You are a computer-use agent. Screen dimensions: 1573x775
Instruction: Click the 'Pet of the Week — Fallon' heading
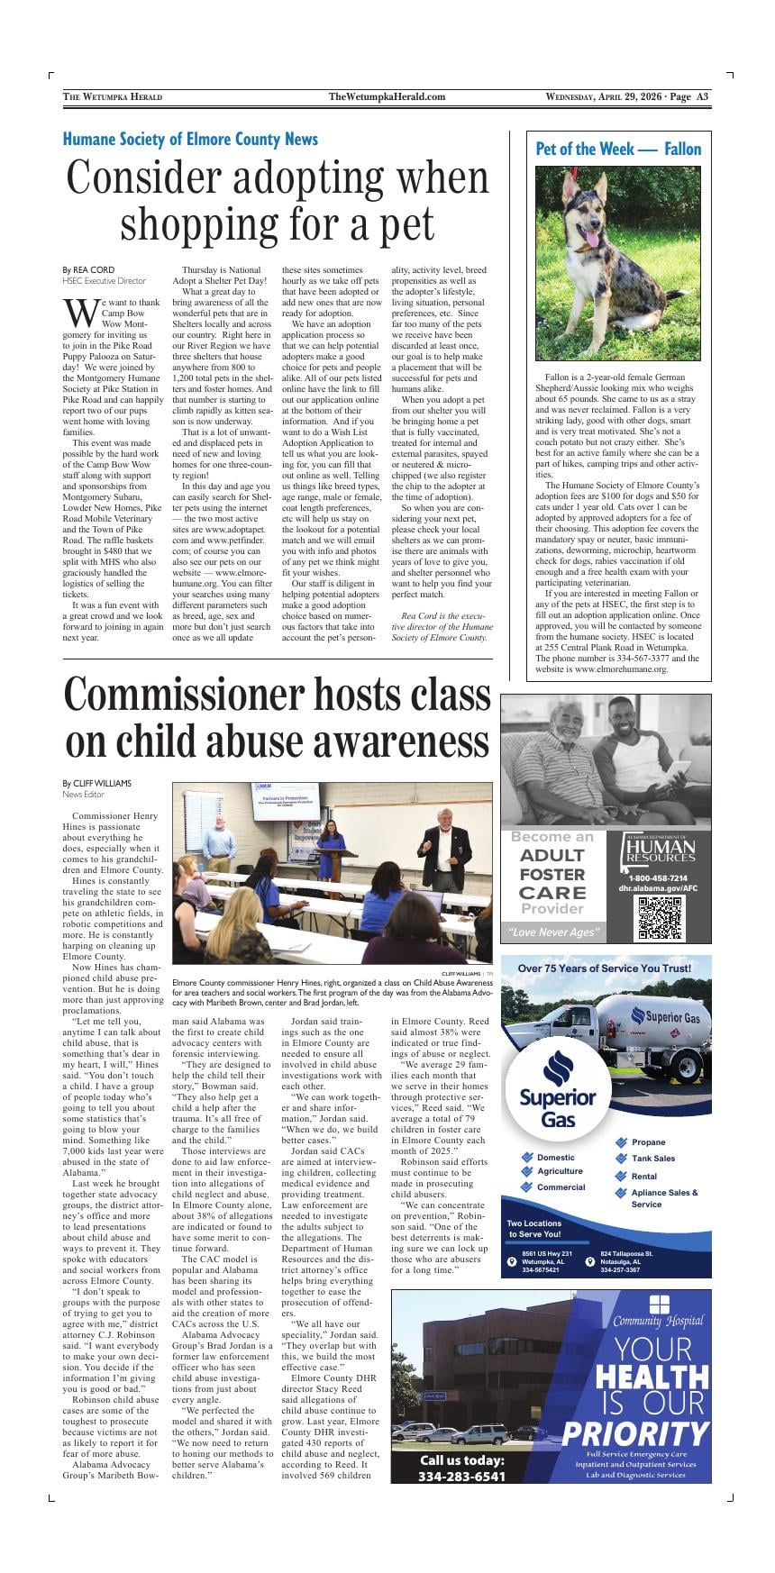coord(618,149)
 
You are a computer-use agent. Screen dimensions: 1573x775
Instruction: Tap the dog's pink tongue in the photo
coord(591,238)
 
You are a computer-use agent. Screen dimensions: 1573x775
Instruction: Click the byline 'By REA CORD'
coord(88,269)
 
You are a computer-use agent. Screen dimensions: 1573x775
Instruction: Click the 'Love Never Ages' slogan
coord(552,932)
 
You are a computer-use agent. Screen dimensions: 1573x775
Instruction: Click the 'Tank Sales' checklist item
coord(652,1159)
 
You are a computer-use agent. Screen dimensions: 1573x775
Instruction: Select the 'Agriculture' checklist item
coord(559,1171)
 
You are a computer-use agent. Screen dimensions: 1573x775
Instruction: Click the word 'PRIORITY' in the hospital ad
coord(634,1432)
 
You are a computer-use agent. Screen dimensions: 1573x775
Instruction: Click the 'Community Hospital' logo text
coord(658,1321)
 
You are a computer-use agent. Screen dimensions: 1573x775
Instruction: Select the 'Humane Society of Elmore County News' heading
coord(190,140)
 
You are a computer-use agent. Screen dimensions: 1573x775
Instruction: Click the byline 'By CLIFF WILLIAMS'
coord(96,783)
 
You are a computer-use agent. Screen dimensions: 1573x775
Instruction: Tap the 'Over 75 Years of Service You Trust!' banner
coord(604,968)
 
